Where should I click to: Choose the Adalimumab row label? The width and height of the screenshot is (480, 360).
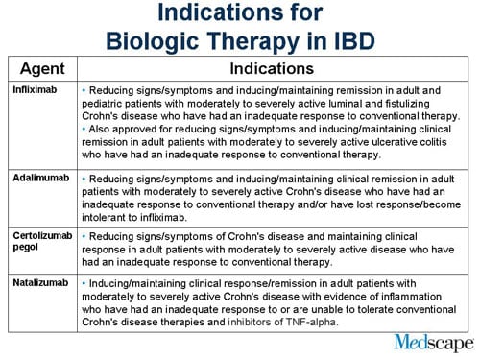[x=39, y=179]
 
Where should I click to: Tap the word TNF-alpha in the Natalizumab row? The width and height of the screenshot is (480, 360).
[x=311, y=322]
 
